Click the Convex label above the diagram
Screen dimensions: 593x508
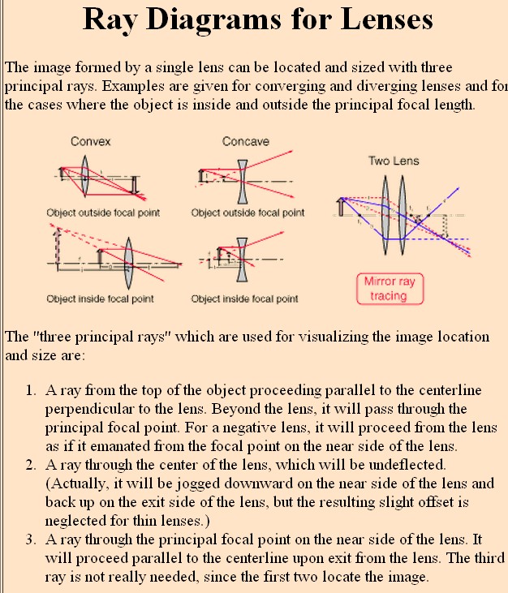pyautogui.click(x=91, y=142)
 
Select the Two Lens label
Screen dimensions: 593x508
pyautogui.click(x=394, y=161)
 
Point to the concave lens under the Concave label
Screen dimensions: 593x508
pyautogui.click(x=241, y=181)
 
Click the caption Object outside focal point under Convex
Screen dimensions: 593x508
pyautogui.click(x=103, y=213)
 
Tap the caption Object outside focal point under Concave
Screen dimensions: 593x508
pyautogui.click(x=248, y=213)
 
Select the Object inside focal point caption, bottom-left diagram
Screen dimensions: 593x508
pyautogui.click(x=100, y=299)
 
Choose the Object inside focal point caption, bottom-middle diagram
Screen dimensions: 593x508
pyautogui.click(x=244, y=299)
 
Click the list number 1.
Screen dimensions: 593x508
pyautogui.click(x=30, y=391)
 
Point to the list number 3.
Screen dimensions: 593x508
pyautogui.click(x=30, y=540)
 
